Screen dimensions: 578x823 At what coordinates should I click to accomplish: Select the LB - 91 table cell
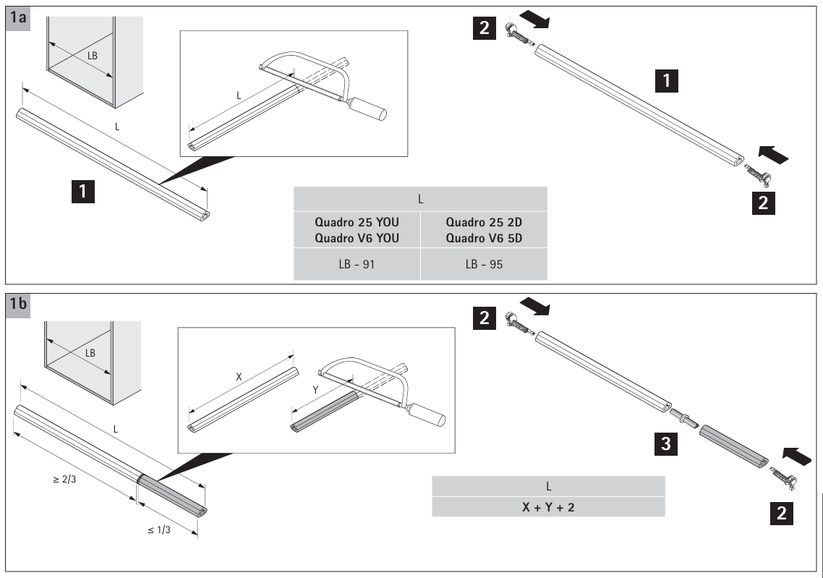tap(357, 265)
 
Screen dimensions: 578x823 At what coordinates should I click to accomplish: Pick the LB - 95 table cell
tap(482, 265)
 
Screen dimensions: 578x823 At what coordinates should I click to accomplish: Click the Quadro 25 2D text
tap(483, 223)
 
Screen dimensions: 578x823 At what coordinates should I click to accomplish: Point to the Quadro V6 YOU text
tap(357, 236)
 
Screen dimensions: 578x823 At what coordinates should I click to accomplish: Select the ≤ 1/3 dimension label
tap(161, 530)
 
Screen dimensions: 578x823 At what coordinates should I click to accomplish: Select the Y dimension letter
tap(317, 391)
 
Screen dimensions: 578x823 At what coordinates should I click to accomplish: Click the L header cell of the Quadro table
tap(419, 198)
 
